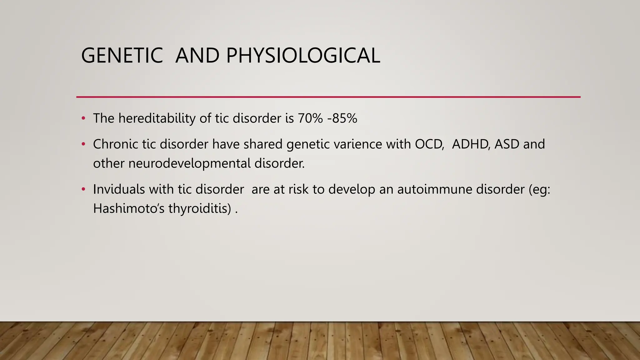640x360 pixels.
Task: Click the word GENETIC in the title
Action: tap(122, 56)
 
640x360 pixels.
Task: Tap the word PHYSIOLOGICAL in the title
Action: tap(303, 56)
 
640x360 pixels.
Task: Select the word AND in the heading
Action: tap(197, 56)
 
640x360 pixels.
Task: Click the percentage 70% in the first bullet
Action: tap(310, 118)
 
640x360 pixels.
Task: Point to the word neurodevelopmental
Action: tap(189, 163)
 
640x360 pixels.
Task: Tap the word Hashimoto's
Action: tap(129, 208)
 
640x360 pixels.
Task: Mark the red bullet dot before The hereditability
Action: tap(83, 118)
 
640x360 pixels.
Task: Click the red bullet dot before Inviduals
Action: tap(83, 189)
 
